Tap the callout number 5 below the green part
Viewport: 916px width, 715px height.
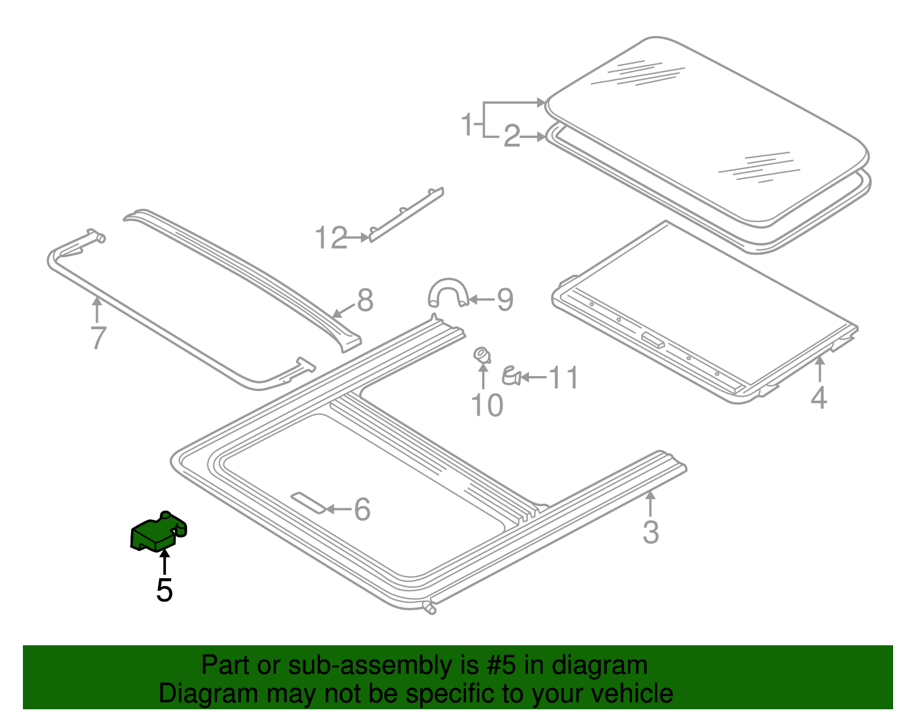[x=164, y=590]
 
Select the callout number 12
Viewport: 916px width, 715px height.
[x=331, y=238]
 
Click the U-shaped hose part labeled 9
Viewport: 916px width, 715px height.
[x=448, y=291]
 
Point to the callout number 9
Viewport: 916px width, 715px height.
[x=505, y=299]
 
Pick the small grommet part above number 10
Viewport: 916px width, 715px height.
[x=482, y=355]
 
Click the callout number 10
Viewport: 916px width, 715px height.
[x=487, y=405]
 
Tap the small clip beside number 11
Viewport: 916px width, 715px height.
[x=511, y=376]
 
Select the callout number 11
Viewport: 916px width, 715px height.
[x=563, y=377]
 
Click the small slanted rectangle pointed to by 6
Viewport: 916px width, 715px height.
[x=309, y=503]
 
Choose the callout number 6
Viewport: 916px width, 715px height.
[x=362, y=509]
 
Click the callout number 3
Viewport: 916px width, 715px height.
[x=651, y=532]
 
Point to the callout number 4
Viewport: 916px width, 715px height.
[x=819, y=398]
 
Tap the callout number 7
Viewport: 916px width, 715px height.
[x=98, y=338]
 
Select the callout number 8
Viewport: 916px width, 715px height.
[x=365, y=301]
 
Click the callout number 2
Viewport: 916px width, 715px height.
[x=512, y=136]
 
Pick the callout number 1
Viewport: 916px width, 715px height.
[x=467, y=124]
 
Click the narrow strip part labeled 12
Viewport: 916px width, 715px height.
[x=406, y=215]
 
